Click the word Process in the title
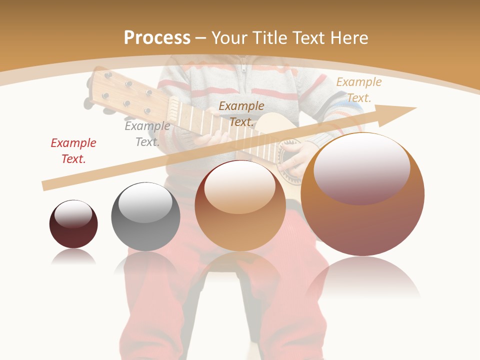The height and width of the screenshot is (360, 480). point(157,37)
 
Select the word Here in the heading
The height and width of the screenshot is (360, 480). point(349,37)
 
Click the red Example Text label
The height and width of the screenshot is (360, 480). point(73,150)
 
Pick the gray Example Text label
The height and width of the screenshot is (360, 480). point(147,133)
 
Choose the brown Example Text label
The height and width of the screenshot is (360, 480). point(241,113)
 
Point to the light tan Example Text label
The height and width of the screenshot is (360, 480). point(358,89)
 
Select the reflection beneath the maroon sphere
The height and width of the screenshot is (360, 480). point(73,257)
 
